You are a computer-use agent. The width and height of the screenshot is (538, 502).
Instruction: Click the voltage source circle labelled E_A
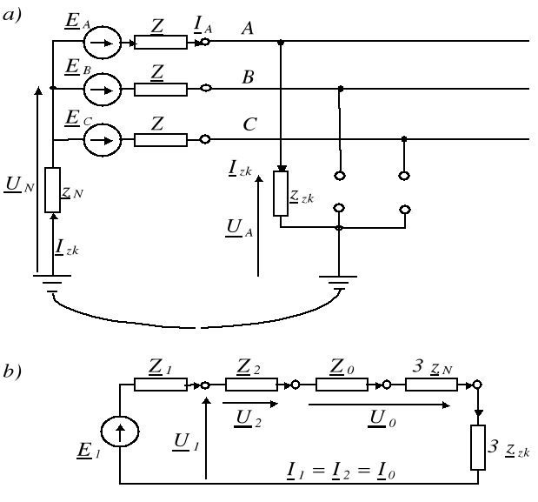[110, 40]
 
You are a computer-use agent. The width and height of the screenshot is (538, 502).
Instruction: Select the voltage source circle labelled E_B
[110, 88]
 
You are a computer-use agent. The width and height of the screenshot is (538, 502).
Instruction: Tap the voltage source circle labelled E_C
[110, 137]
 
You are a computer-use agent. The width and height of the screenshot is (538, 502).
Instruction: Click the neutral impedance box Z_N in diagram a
[52, 190]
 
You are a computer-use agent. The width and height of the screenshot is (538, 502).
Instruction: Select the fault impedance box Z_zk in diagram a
[281, 193]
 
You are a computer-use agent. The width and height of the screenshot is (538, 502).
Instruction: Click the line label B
[248, 78]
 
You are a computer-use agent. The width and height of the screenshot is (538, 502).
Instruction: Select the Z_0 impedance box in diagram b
[340, 384]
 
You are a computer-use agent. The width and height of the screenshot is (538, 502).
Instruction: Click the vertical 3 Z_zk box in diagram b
[478, 448]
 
